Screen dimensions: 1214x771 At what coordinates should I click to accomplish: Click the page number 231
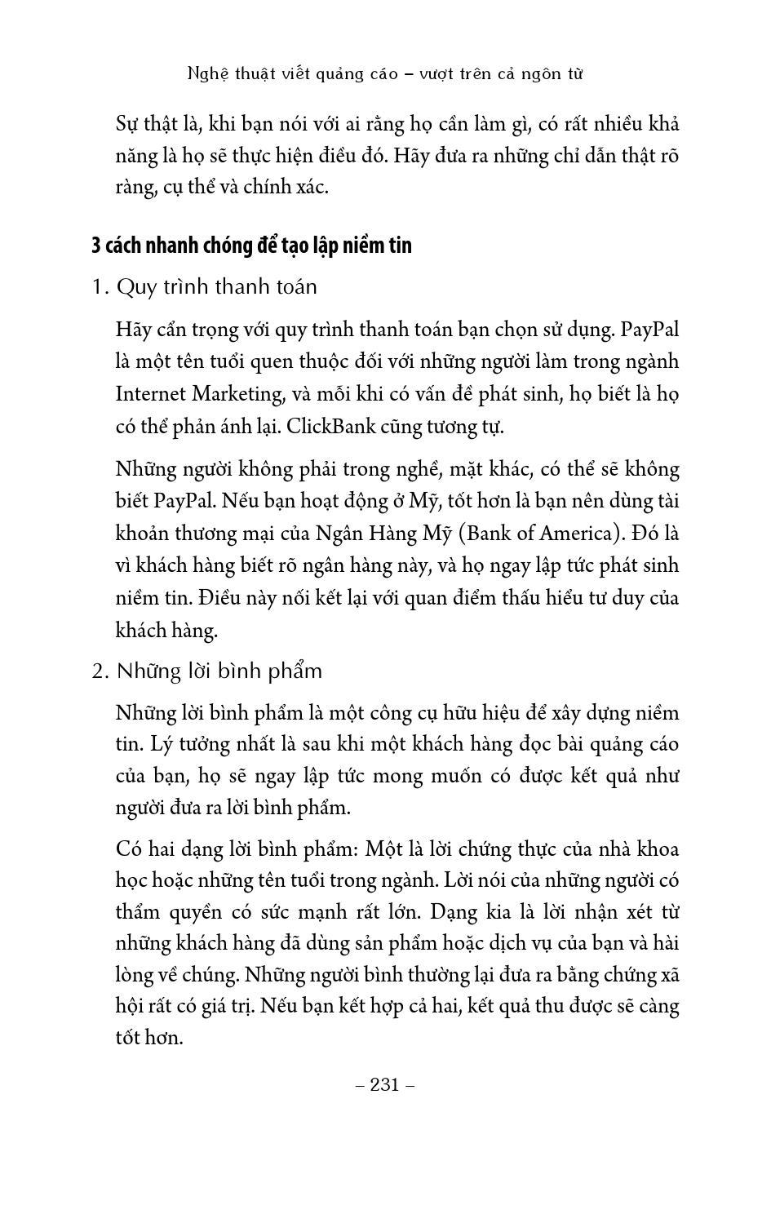click(x=385, y=1085)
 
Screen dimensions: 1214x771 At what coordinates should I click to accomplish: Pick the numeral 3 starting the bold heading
click(x=96, y=246)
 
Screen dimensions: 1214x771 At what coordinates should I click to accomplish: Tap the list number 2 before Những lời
click(x=99, y=671)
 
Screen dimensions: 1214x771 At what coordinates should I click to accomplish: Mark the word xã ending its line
click(x=668, y=975)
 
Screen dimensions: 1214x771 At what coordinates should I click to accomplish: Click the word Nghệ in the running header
click(x=206, y=74)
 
